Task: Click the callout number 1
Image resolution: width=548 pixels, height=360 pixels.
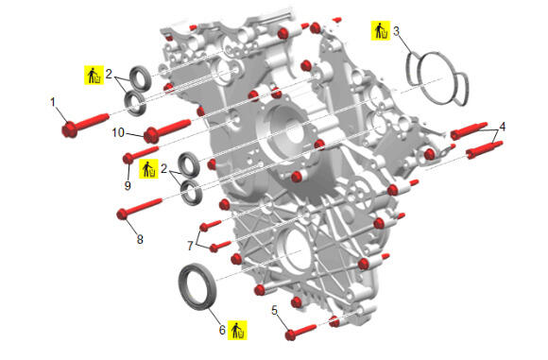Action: [x=53, y=102]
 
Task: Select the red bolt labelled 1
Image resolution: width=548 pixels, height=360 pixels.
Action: [x=85, y=125]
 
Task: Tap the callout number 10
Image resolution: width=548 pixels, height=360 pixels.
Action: [x=118, y=132]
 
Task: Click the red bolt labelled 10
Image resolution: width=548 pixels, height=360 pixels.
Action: [x=166, y=130]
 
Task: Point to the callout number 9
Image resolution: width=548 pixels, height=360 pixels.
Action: [x=128, y=185]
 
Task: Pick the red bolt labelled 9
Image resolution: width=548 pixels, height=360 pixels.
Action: [x=141, y=154]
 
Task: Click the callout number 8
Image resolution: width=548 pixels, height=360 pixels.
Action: [x=140, y=239]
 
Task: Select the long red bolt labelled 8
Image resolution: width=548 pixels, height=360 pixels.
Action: [x=139, y=209]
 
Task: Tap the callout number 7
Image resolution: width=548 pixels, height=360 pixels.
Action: [x=190, y=246]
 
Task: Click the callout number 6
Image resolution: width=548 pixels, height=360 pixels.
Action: [x=222, y=330]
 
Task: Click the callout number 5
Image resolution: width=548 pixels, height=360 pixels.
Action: [x=274, y=310]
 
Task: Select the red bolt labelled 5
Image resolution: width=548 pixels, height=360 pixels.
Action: [x=300, y=332]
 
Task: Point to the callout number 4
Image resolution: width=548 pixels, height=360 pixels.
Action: [x=503, y=127]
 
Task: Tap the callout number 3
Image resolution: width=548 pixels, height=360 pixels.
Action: [x=396, y=31]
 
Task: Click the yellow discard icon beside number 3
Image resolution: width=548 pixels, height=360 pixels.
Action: [x=381, y=31]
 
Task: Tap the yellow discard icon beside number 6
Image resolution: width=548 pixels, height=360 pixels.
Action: [x=238, y=330]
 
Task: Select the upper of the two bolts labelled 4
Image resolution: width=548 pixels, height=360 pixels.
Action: [x=469, y=131]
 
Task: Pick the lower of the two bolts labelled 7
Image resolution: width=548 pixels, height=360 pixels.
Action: [x=220, y=246]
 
